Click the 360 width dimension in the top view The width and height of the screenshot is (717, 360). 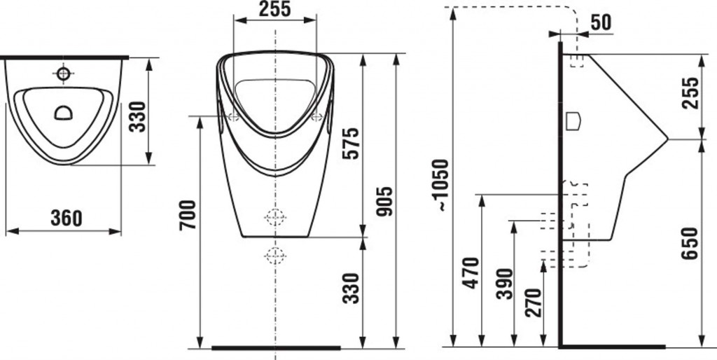pos(67,219)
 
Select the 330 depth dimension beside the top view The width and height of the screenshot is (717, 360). pos(137,117)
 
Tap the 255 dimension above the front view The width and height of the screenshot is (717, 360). pos(274,9)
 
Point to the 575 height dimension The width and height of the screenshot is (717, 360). pos(351,144)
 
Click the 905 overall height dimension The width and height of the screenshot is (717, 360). pos(384,201)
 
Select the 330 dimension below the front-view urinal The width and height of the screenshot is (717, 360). pos(351,289)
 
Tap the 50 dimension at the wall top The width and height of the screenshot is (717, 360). pos(600,23)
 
